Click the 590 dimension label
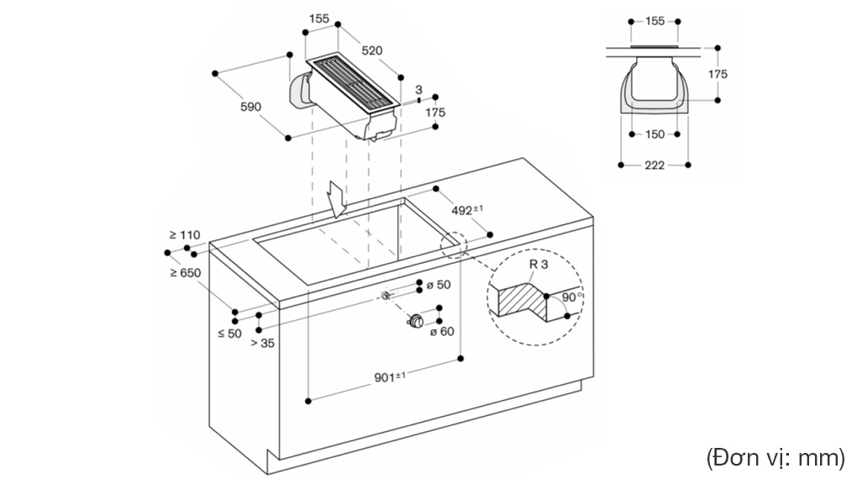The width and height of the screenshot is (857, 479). [x=251, y=107]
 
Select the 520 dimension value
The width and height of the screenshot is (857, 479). [x=371, y=50]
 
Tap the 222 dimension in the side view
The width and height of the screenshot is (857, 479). [x=655, y=166]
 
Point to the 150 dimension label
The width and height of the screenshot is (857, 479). [x=655, y=134]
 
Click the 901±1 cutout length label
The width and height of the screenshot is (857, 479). [x=390, y=376]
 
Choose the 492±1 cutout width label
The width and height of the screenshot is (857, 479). [x=467, y=209]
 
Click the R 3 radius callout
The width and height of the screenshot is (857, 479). [x=539, y=264]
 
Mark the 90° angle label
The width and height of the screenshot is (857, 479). [x=571, y=297]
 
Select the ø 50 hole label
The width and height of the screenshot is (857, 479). [x=439, y=284]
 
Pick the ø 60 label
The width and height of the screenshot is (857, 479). [x=442, y=331]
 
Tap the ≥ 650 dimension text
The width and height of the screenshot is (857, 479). [x=186, y=272]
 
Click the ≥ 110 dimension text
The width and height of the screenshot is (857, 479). [x=185, y=234]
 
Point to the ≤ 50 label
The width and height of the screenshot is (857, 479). [x=229, y=333]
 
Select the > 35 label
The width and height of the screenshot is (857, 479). [x=262, y=343]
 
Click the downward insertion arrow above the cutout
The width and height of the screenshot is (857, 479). [x=335, y=199]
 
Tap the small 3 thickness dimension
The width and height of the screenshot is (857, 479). [x=418, y=90]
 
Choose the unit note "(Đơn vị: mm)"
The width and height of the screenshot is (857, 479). [x=775, y=458]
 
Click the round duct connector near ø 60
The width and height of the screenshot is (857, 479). [x=415, y=321]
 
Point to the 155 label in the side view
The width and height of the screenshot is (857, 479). [x=655, y=21]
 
